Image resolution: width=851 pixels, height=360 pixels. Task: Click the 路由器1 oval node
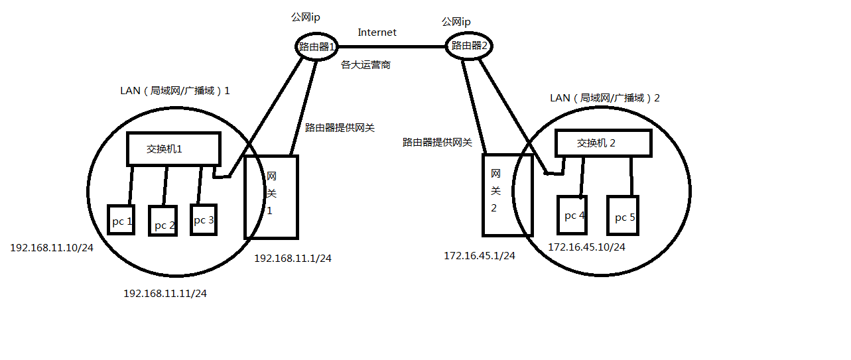pyautogui.click(x=317, y=46)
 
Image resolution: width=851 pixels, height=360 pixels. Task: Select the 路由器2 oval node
pyautogui.click(x=470, y=46)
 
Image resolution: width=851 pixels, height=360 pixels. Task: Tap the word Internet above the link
pyautogui.click(x=377, y=32)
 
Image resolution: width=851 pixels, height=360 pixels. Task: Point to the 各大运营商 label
pyautogui.click(x=365, y=65)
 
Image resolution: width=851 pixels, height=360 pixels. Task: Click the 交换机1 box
pyautogui.click(x=173, y=149)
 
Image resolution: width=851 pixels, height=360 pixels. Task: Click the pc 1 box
pyautogui.click(x=121, y=220)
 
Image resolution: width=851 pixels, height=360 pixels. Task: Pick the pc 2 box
pyautogui.click(x=163, y=221)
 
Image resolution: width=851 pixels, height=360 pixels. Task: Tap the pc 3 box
pyautogui.click(x=203, y=217)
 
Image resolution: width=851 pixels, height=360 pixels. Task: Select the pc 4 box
pyautogui.click(x=572, y=215)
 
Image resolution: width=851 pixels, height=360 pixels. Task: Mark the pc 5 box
pyautogui.click(x=622, y=215)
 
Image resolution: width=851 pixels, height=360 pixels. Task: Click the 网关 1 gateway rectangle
pyautogui.click(x=271, y=197)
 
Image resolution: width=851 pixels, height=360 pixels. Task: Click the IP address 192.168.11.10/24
pyautogui.click(x=51, y=247)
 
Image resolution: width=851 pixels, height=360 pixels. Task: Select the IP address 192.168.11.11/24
pyautogui.click(x=165, y=293)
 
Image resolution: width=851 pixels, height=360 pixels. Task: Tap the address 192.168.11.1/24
pyautogui.click(x=293, y=259)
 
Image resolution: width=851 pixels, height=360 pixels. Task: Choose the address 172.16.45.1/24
pyautogui.click(x=480, y=255)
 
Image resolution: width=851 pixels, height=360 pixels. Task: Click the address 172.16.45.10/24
pyautogui.click(x=586, y=247)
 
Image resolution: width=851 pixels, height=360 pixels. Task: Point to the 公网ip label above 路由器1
pyautogui.click(x=306, y=17)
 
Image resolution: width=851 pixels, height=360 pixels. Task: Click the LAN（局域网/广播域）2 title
pyautogui.click(x=605, y=98)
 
